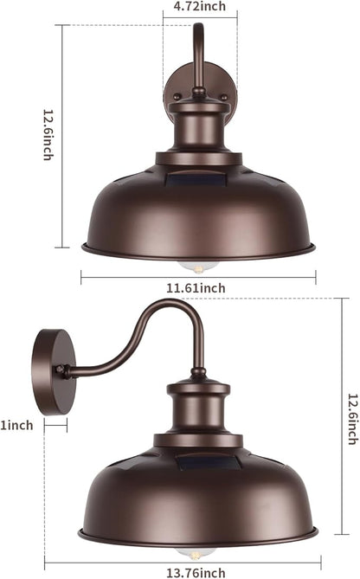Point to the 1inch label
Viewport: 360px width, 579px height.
tap(16, 424)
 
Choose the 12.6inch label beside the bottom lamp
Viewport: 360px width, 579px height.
tap(352, 419)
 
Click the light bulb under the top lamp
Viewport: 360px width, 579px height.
tap(198, 262)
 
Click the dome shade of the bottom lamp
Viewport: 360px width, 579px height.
tap(198, 502)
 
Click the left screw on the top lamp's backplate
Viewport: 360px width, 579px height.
tap(177, 97)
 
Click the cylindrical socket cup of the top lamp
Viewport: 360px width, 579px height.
tap(199, 130)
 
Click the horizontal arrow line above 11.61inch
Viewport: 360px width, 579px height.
tap(198, 277)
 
